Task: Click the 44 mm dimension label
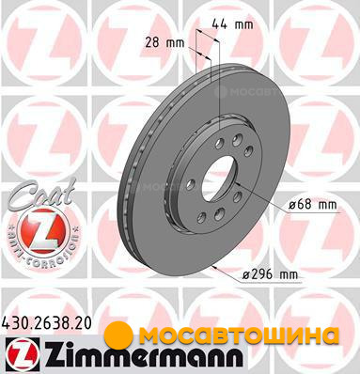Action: [232, 24]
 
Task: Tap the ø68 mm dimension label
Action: [313, 205]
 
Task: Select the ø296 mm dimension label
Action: [270, 274]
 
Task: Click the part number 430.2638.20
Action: [47, 323]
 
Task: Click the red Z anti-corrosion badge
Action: [43, 229]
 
